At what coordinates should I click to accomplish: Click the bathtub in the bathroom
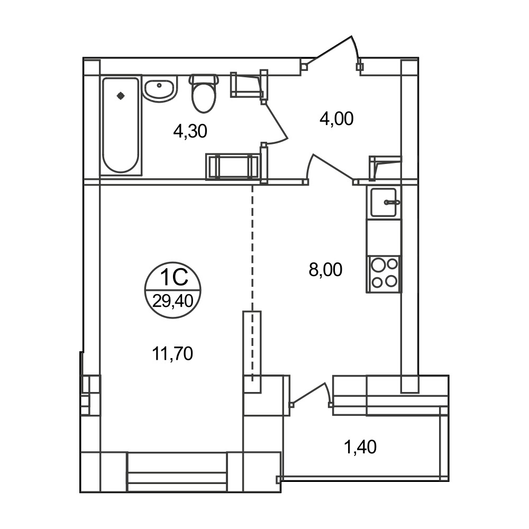click(121, 125)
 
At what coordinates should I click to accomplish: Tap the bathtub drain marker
click(121, 96)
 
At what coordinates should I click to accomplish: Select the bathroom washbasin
click(160, 88)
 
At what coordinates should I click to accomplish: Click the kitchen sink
click(384, 202)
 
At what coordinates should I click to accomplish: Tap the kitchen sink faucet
click(392, 203)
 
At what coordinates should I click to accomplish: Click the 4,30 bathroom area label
click(190, 131)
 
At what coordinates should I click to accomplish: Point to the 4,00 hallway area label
click(336, 118)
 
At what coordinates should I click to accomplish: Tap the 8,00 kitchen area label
click(325, 270)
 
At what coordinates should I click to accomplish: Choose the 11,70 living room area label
click(172, 354)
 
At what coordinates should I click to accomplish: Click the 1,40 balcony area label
click(360, 447)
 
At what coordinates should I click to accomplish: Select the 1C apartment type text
click(174, 278)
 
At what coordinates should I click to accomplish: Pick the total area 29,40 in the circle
click(173, 301)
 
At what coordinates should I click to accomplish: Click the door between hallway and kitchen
click(331, 167)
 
